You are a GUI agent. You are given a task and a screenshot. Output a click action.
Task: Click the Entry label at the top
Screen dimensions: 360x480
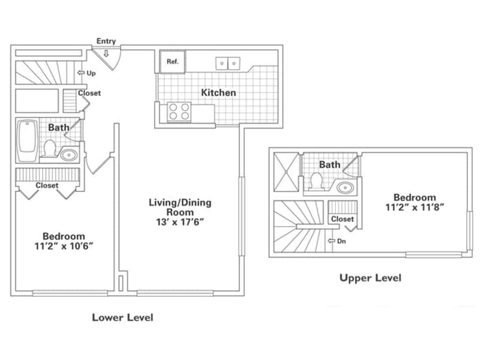click(x=106, y=41)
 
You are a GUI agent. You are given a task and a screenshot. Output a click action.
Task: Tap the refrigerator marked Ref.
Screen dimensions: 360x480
click(x=172, y=61)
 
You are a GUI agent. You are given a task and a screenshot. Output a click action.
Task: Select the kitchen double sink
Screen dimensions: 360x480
click(x=228, y=62)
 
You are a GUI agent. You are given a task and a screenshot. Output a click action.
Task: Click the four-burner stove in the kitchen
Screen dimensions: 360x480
click(x=178, y=112)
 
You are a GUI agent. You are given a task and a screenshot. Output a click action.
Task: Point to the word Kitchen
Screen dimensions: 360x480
click(x=218, y=92)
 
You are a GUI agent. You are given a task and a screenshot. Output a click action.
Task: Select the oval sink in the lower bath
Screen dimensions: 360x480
click(x=69, y=155)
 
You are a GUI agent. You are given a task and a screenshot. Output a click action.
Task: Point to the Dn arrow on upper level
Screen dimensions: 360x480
click(x=338, y=241)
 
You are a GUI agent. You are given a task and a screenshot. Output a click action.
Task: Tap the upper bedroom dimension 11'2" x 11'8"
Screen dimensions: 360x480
click(x=414, y=208)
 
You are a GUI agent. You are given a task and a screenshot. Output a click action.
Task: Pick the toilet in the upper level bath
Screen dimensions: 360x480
click(x=316, y=179)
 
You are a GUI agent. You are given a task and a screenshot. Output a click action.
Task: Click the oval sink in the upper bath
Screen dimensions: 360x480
click(x=346, y=187)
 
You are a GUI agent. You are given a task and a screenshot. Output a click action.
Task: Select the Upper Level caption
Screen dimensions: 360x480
click(x=370, y=278)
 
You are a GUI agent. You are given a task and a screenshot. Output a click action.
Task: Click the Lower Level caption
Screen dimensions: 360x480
click(x=122, y=317)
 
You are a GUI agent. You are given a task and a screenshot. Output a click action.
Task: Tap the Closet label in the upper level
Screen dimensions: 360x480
click(x=343, y=219)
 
